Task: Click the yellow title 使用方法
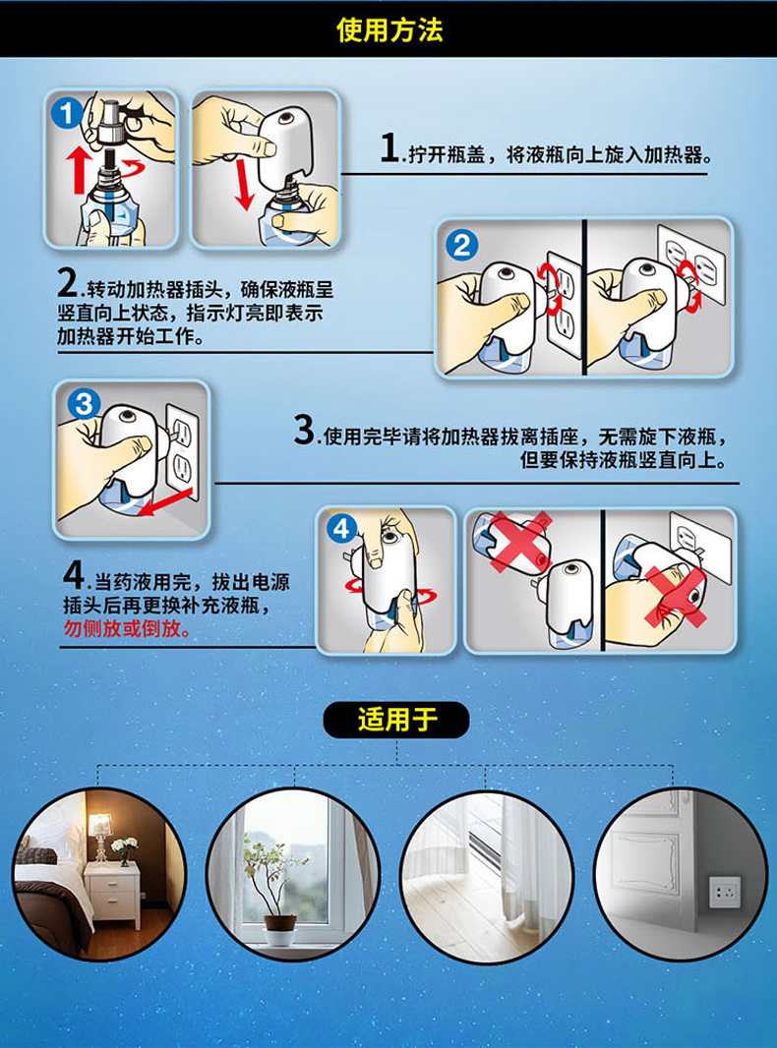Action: [389, 30]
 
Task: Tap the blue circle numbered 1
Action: [66, 114]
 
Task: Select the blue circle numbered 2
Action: [462, 246]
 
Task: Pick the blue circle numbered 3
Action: [85, 404]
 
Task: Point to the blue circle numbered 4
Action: [341, 529]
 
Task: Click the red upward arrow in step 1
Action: [79, 170]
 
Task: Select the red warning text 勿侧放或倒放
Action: [127, 628]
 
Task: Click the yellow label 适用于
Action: [396, 720]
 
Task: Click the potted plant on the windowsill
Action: [275, 891]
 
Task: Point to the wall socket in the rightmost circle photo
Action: [724, 892]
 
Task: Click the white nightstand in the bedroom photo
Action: [112, 895]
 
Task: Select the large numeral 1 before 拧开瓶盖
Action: [389, 147]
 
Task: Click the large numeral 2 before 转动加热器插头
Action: [68, 283]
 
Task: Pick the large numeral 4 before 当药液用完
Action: [73, 575]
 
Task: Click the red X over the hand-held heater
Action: [676, 597]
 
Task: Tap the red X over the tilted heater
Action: [519, 542]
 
